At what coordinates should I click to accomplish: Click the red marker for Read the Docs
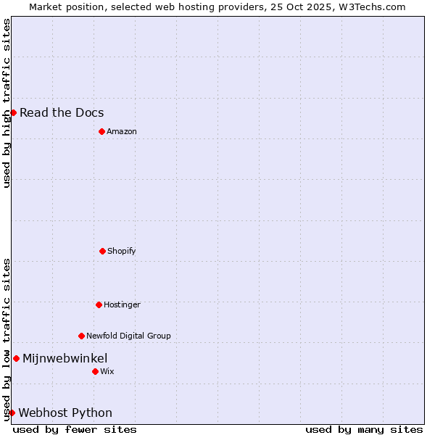coord(13,112)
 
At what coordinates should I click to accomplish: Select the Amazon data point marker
coord(101,131)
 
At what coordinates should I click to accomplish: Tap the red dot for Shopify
coord(102,251)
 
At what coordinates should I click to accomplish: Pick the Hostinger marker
coord(99,304)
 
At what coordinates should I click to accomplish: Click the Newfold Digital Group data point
coord(81,336)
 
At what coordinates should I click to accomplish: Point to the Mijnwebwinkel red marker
coord(16,358)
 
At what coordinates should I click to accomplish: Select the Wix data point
coord(95,371)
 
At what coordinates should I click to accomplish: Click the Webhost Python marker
coord(12,413)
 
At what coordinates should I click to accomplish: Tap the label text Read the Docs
coord(62,112)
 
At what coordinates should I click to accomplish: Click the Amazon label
coord(122,131)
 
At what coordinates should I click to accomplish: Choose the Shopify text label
coord(122,251)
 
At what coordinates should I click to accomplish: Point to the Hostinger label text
coord(122,304)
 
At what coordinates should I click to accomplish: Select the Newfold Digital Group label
coord(128,336)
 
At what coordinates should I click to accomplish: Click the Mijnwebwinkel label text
coord(65,358)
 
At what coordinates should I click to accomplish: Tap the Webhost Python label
coord(65,413)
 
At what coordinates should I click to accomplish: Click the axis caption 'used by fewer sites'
coord(75,429)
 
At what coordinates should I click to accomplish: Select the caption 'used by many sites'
coord(364,429)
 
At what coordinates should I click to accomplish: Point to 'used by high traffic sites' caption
coord(7,103)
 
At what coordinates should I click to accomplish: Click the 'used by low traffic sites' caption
coord(7,339)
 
